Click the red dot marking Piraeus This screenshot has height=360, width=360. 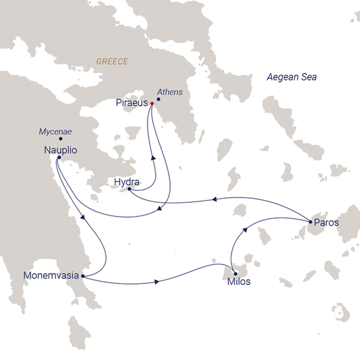pos(152,103)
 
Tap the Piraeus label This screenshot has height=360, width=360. pos(132,103)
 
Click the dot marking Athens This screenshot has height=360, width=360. pos(158,99)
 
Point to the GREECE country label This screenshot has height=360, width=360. pos(112,61)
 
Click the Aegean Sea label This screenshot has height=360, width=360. pos(292,77)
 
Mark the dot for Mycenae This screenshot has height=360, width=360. pos(60,139)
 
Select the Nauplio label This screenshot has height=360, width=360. pos(60,150)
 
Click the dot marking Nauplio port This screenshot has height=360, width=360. pos(59,157)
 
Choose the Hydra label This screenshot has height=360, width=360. pos(127,182)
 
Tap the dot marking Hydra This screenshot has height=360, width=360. pos(130,190)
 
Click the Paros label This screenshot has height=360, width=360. pos(326,223)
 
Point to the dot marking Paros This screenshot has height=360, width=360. pos(311,222)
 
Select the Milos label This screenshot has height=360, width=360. pos(239,282)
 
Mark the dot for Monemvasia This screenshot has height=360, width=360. pos(83,276)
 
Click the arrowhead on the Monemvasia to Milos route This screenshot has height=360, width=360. pos(158,282)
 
